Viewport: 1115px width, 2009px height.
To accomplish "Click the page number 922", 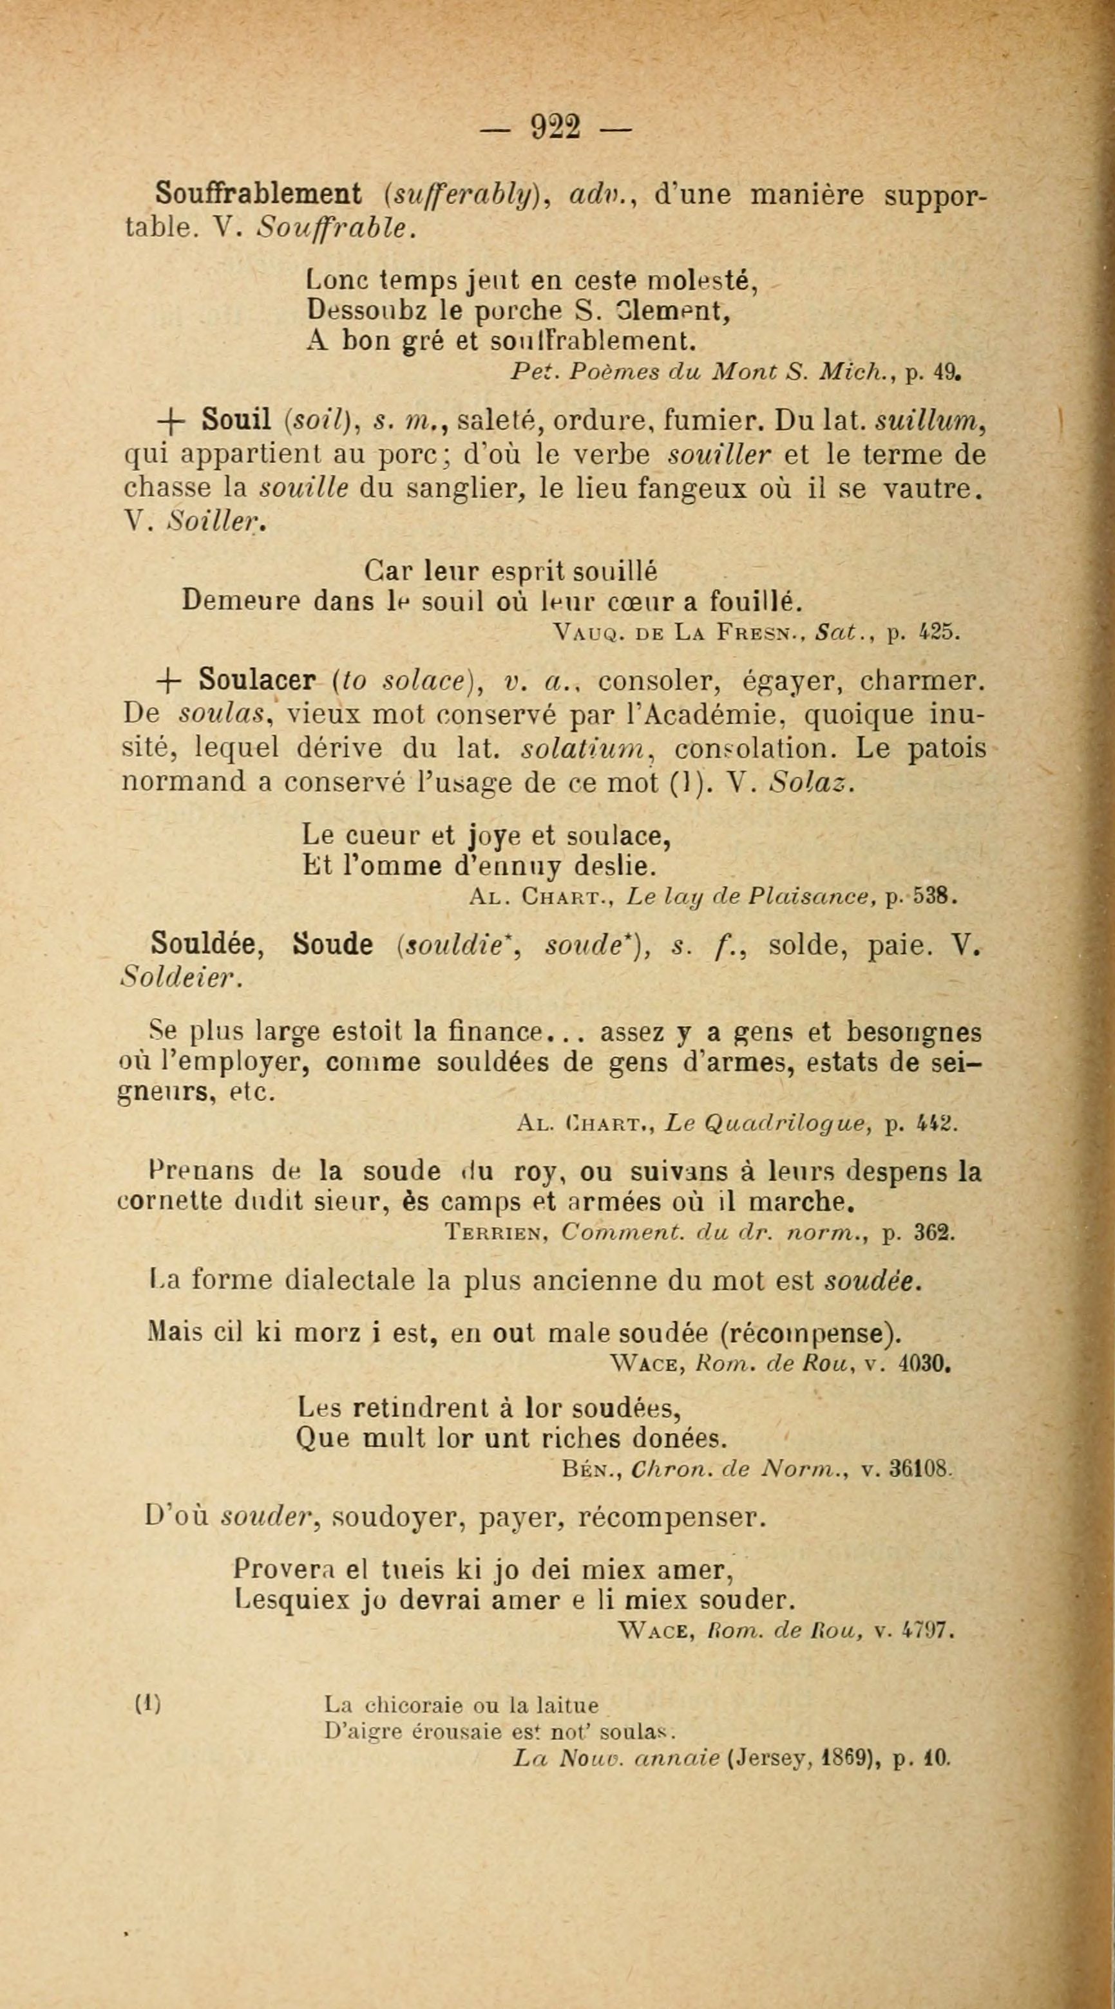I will [555, 126].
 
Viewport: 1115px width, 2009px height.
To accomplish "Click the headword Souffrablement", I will [258, 192].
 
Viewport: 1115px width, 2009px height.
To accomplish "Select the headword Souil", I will [236, 420].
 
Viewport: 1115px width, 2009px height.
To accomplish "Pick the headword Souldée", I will [208, 945].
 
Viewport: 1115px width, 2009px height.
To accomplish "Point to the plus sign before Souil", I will [171, 422].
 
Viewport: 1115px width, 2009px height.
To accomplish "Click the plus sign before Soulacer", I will [169, 682].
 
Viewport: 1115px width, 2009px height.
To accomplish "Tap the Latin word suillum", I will [926, 421].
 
